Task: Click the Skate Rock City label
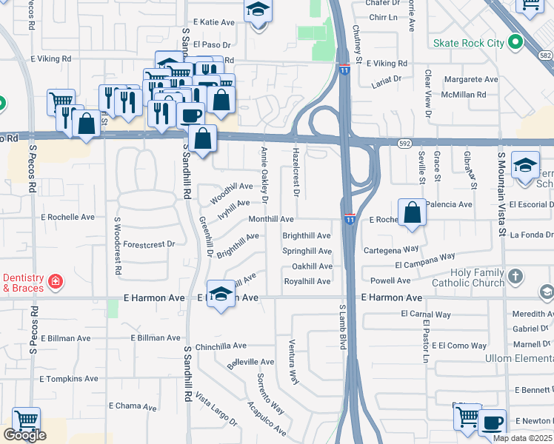pyautogui.click(x=470, y=43)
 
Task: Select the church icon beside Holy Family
pyautogui.click(x=516, y=276)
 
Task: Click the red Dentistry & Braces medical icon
pyautogui.click(x=55, y=281)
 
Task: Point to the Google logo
pyautogui.click(x=24, y=435)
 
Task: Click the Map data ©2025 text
pyautogui.click(x=521, y=438)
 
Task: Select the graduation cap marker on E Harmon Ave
pyautogui.click(x=221, y=295)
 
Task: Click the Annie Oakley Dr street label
pyautogui.click(x=264, y=175)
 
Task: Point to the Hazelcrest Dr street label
pyautogui.click(x=296, y=171)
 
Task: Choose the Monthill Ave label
pyautogui.click(x=271, y=220)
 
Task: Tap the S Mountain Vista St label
pyautogui.click(x=501, y=195)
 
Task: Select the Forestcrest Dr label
pyautogui.click(x=149, y=243)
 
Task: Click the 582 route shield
pyautogui.click(x=545, y=55)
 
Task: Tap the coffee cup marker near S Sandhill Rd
pyautogui.click(x=190, y=116)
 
